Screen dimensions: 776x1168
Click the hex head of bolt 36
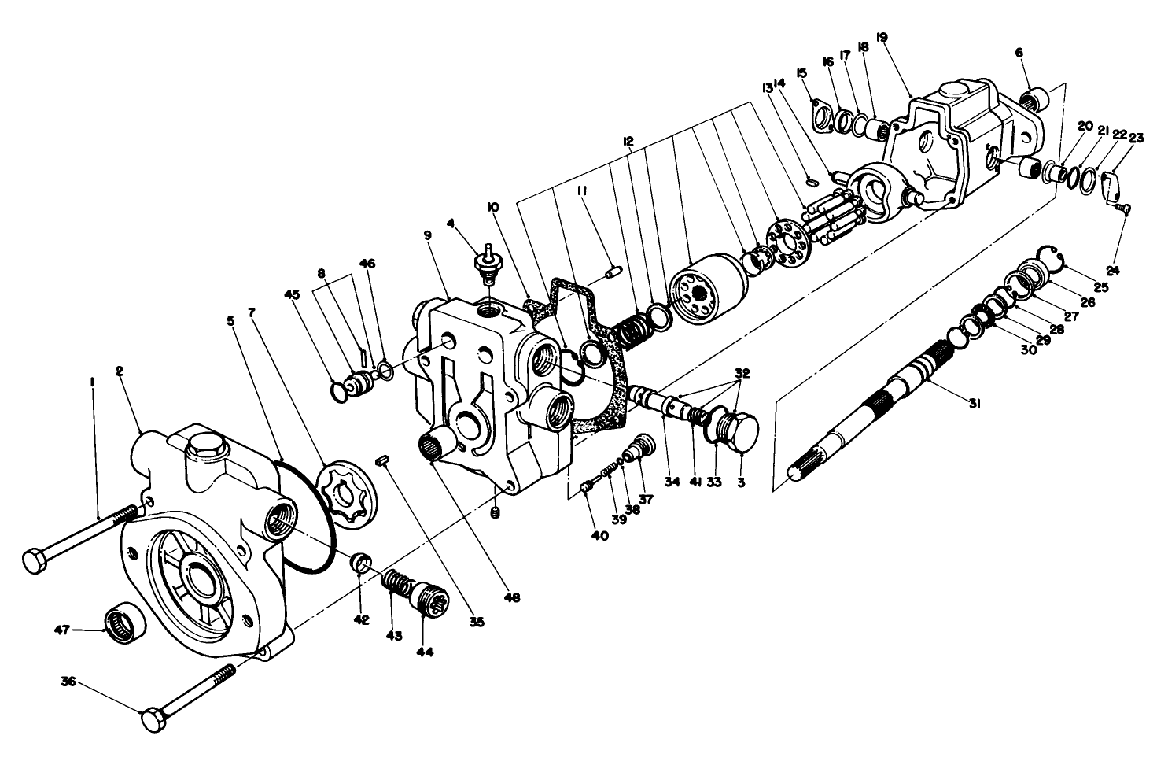(x=153, y=720)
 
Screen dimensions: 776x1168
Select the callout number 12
(x=628, y=141)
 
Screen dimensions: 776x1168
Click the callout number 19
(x=881, y=37)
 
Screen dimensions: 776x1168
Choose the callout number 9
(x=427, y=235)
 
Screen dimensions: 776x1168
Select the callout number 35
(x=476, y=622)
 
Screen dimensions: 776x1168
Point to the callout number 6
(x=1019, y=53)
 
